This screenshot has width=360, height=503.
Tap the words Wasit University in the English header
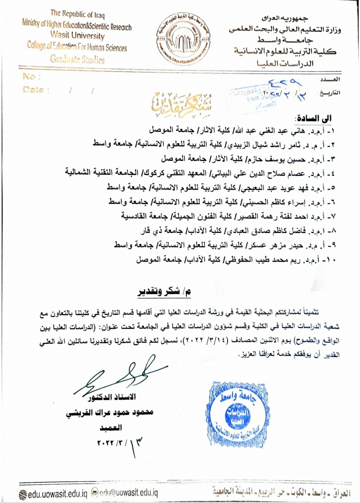pos(77,35)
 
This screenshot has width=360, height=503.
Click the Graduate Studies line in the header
pos(77,59)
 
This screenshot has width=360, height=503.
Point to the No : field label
pos(31,76)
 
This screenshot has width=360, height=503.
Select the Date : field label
pos(36,90)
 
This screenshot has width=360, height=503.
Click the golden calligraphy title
pos(181,102)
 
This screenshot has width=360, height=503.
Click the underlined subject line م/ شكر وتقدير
pos(164,291)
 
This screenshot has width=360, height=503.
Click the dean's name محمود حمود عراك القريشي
pos(110,412)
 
